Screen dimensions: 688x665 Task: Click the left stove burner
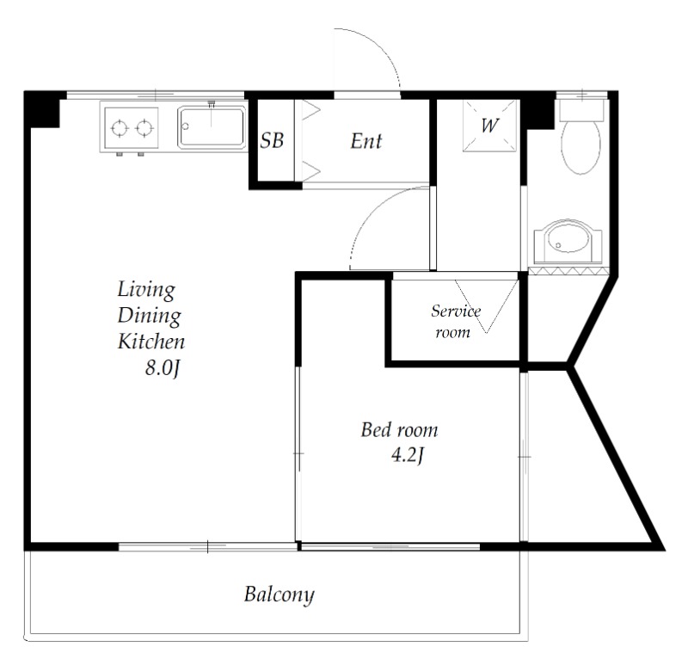click(120, 128)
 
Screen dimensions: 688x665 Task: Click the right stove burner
click(144, 128)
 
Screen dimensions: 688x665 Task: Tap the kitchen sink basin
click(212, 126)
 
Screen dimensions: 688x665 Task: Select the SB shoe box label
click(272, 140)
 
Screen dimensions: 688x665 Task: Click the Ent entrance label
click(366, 141)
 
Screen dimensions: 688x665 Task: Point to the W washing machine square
click(490, 126)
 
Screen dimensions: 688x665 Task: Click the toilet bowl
click(580, 147)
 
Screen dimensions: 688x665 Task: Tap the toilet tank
click(581, 110)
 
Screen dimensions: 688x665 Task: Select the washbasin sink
click(568, 240)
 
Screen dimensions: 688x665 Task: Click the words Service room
click(456, 321)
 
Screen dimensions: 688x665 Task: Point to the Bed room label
click(399, 430)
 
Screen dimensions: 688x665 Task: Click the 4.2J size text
click(407, 455)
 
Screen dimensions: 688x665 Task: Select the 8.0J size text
click(163, 368)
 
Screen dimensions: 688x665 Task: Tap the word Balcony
click(279, 594)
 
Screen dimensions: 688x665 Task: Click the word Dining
click(149, 316)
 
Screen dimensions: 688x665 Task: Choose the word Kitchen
click(151, 342)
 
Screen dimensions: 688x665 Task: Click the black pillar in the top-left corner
click(41, 109)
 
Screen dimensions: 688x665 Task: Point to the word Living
click(146, 291)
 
